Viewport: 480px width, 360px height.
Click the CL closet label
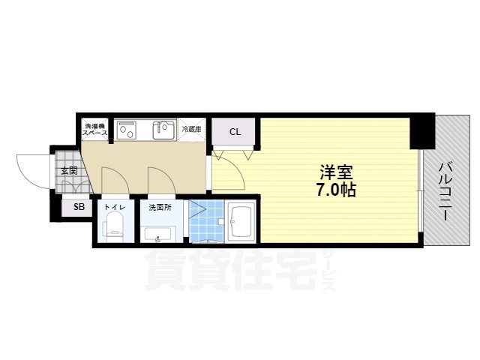[x=235, y=133]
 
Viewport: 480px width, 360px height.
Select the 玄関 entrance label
[x=67, y=171]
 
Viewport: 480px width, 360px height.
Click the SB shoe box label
[x=78, y=206]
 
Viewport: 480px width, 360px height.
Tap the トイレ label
[x=114, y=206]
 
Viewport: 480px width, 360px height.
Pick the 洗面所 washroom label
[x=159, y=206]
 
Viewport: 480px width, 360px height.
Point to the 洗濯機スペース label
[x=95, y=128]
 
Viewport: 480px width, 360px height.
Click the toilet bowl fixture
[x=115, y=226]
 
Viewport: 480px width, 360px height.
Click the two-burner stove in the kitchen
[x=125, y=132]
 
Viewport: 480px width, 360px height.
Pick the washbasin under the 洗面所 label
[x=159, y=238]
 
